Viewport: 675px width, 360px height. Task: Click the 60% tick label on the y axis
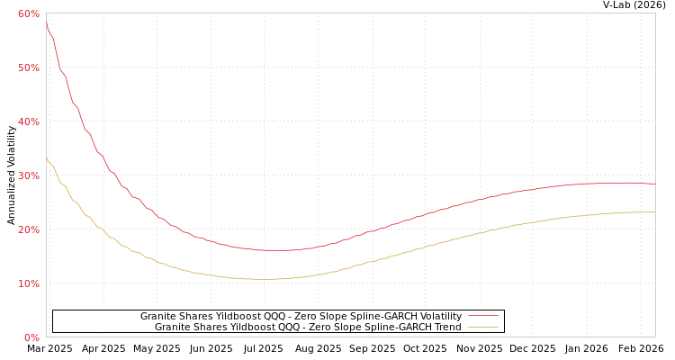pyautogui.click(x=28, y=13)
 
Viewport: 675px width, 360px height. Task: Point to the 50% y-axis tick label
pyautogui.click(x=28, y=67)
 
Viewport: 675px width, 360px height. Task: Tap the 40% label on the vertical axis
pyautogui.click(x=28, y=121)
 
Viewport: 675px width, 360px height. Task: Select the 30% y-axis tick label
pyautogui.click(x=28, y=175)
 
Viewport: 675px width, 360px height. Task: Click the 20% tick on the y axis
pyautogui.click(x=28, y=229)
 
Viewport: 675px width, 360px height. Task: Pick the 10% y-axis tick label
pyautogui.click(x=28, y=283)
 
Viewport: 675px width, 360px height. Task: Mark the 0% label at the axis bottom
pyautogui.click(x=31, y=337)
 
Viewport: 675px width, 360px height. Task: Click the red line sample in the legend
pyautogui.click(x=482, y=316)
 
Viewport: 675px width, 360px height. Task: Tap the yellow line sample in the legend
pyautogui.click(x=482, y=328)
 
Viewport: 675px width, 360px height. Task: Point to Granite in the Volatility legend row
pyautogui.click(x=158, y=316)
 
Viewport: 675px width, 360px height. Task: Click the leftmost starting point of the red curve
pyautogui.click(x=47, y=23)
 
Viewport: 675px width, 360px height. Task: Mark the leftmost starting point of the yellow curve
pyautogui.click(x=47, y=158)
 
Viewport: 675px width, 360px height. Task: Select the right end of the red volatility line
pyautogui.click(x=654, y=184)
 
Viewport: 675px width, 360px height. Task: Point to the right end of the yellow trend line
pyautogui.click(x=654, y=212)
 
